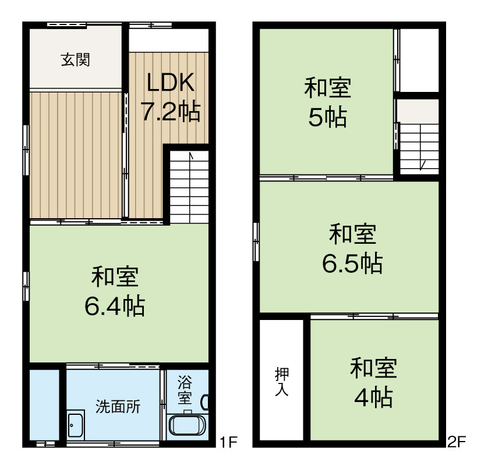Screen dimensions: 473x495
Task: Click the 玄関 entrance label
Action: [x=75, y=59]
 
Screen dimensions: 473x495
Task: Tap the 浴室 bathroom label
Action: [x=185, y=390]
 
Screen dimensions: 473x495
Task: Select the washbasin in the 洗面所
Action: [x=76, y=426]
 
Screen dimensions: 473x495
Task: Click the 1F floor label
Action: [x=228, y=443]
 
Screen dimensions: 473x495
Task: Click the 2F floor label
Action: [x=457, y=443]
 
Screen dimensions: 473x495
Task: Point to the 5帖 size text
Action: [x=327, y=118]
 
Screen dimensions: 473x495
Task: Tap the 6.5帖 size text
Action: [x=352, y=264]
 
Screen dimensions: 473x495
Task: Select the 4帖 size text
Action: [x=373, y=398]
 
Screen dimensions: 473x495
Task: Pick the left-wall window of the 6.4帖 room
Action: [x=26, y=286]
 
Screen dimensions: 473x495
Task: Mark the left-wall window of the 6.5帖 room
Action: [x=256, y=241]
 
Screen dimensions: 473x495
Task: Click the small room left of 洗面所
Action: [x=44, y=401]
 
